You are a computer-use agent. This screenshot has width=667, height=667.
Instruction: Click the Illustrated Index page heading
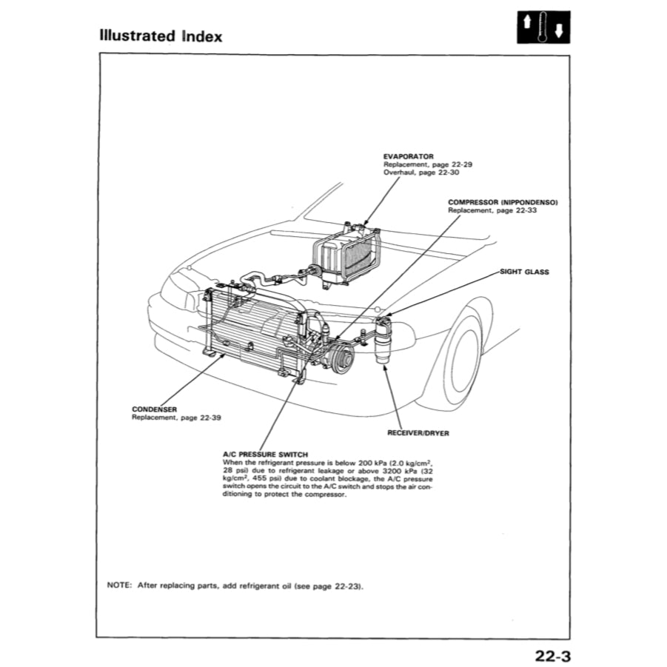tap(160, 36)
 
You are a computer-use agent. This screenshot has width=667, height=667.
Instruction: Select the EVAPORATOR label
tap(408, 156)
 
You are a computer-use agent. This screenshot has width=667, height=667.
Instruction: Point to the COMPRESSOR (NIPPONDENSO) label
tap(503, 202)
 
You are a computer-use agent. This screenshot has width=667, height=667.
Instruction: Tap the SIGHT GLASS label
tap(524, 272)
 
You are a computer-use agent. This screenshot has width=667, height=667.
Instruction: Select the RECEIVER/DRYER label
tap(418, 432)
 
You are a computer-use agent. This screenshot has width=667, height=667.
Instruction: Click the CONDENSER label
tap(153, 409)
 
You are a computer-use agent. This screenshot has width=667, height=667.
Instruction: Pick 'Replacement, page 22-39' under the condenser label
tap(176, 418)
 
